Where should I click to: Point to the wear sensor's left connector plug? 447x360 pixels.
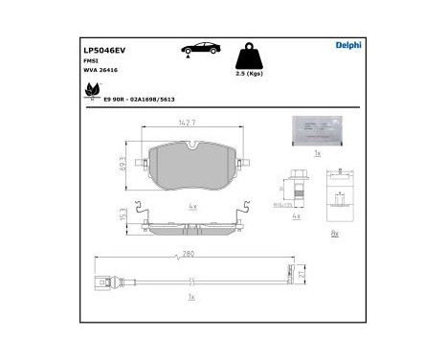coord(104,282)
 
